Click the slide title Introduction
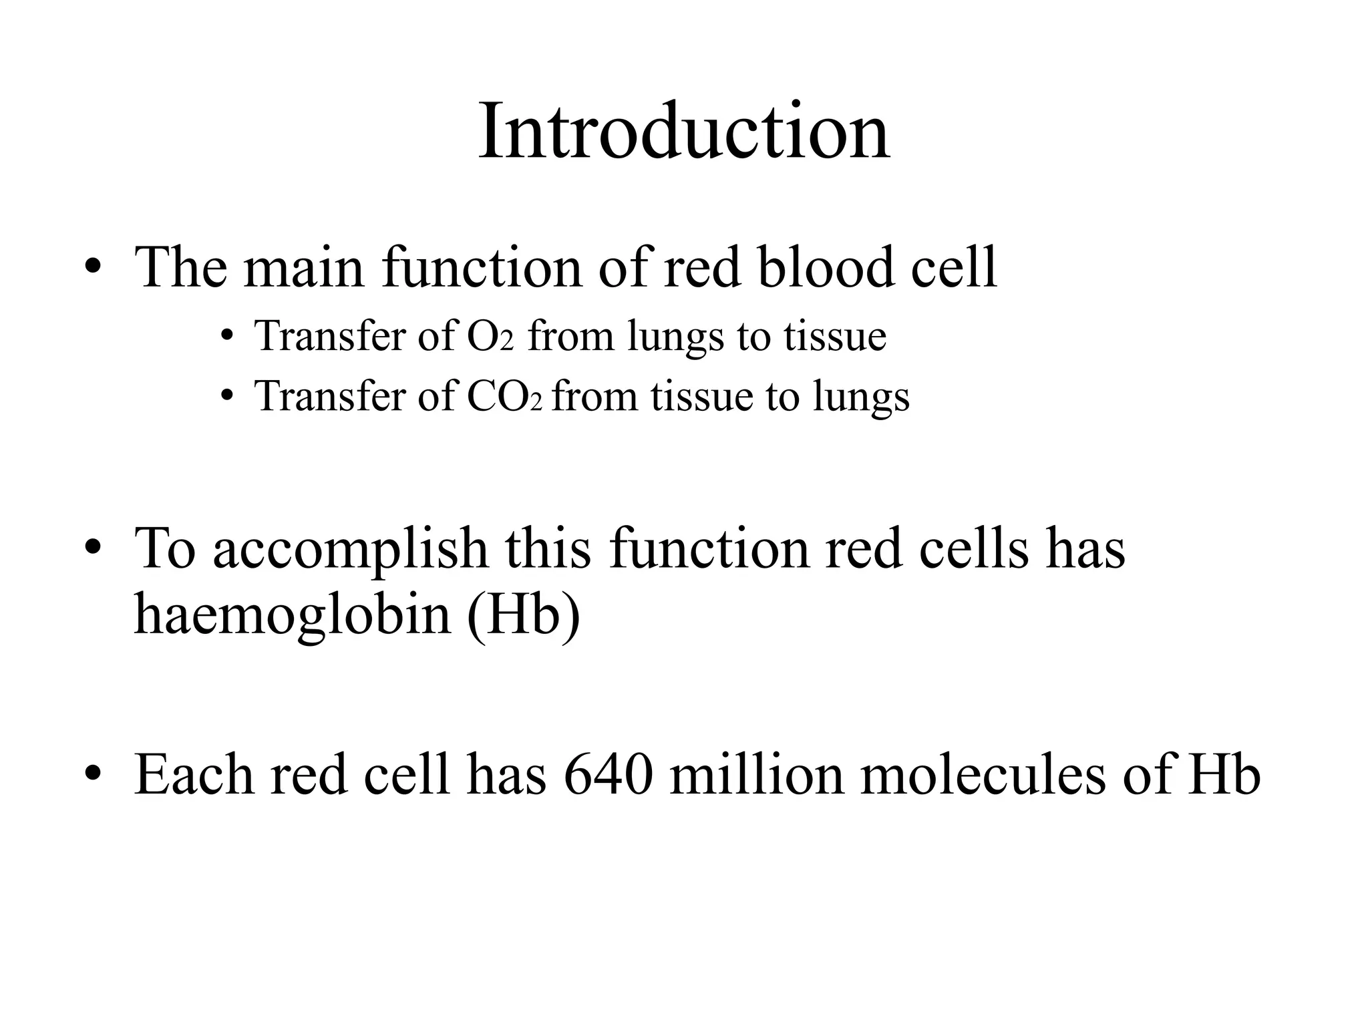click(683, 131)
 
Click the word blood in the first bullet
click(826, 268)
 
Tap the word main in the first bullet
click(303, 268)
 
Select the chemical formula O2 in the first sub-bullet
click(490, 336)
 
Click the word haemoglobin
click(293, 614)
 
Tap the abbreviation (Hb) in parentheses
click(523, 614)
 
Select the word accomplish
click(350, 548)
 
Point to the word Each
click(194, 775)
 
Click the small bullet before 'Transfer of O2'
click(227, 337)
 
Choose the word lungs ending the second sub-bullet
click(861, 397)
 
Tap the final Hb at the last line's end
click(1224, 775)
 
